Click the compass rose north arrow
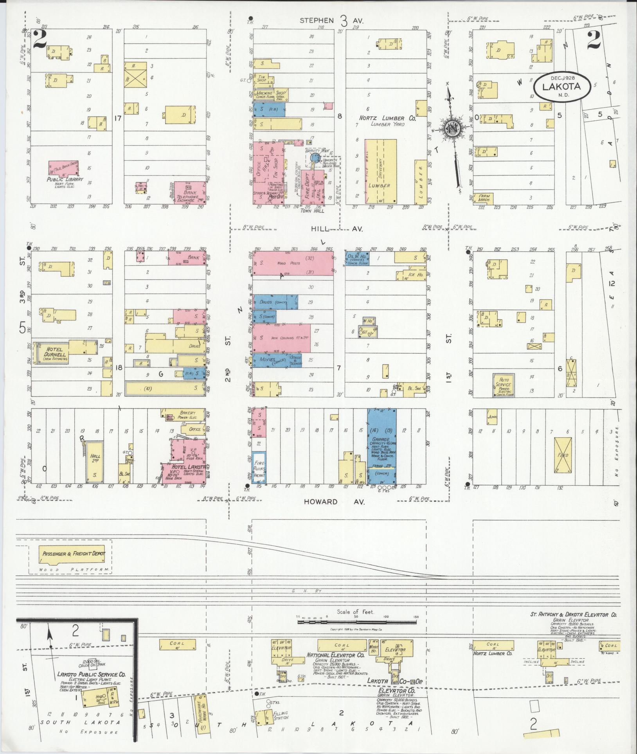[x=454, y=129]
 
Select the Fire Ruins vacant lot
[x=259, y=468]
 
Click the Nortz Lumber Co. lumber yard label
[x=387, y=121]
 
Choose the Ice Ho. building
[x=411, y=275]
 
